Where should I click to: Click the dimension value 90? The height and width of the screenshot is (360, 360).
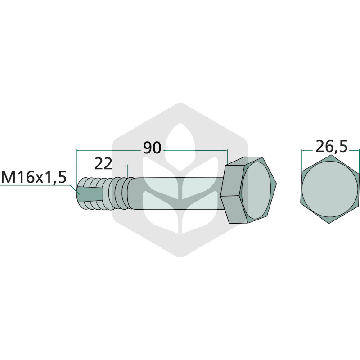[153, 148]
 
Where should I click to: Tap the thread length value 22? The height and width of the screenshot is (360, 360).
[103, 164]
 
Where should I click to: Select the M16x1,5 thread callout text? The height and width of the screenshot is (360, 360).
[34, 177]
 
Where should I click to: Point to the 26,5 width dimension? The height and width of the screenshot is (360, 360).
[332, 147]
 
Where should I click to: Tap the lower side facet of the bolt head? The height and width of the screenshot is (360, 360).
[234, 209]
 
